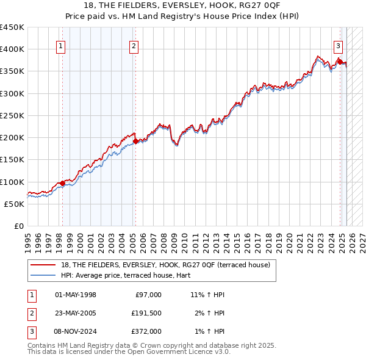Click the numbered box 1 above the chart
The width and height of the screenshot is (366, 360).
(x=62, y=45)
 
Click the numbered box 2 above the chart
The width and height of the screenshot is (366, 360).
(x=134, y=45)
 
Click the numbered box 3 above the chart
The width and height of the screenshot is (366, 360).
(x=338, y=45)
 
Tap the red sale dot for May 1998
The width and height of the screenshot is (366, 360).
(x=62, y=183)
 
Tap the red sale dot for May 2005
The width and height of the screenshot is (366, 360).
(x=135, y=141)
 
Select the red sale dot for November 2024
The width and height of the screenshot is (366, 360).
(x=340, y=62)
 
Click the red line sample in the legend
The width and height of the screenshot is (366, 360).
(x=43, y=265)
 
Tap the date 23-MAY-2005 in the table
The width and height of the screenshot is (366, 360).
(x=76, y=313)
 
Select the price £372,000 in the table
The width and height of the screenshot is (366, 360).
(x=146, y=331)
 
